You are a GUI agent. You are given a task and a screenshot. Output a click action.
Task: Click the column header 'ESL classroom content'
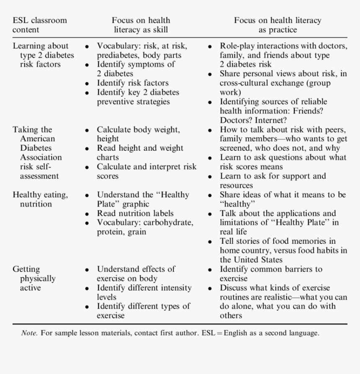[x=39, y=25]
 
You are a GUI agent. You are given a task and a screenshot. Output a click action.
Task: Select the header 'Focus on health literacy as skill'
[x=141, y=25]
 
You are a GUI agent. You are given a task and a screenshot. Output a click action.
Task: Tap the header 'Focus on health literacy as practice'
[x=278, y=25]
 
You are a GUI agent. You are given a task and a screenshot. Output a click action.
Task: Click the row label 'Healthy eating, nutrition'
[x=40, y=199]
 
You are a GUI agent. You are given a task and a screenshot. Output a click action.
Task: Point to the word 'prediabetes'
[x=118, y=55]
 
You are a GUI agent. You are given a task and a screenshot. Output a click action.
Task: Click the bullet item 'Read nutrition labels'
[x=135, y=213]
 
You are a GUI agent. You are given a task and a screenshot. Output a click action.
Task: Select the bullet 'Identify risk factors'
[x=133, y=83]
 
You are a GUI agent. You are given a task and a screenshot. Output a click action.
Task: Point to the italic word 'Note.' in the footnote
[x=29, y=333]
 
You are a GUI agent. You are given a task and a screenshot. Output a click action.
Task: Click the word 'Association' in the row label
[x=41, y=157]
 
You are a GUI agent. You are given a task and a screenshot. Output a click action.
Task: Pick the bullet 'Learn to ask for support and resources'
[x=273, y=181]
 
